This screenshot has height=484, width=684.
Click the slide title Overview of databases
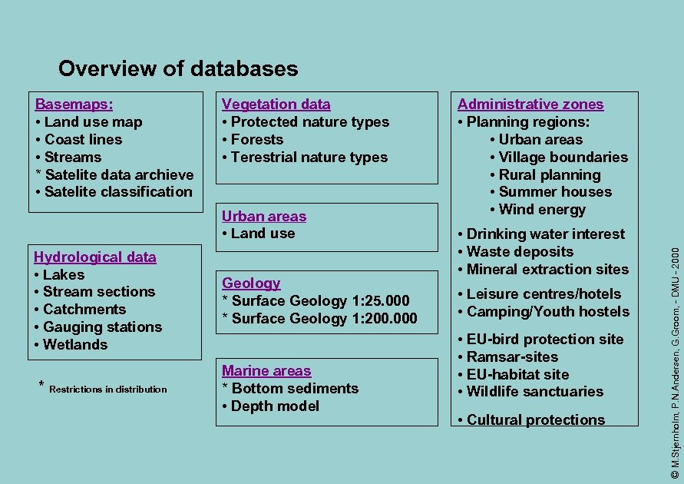(178, 69)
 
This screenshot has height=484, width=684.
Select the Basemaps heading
(74, 104)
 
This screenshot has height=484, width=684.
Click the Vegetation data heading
(276, 104)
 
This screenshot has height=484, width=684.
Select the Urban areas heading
(264, 217)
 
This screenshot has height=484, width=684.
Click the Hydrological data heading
(95, 257)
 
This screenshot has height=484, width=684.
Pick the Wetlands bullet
(75, 345)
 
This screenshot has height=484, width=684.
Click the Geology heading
(251, 283)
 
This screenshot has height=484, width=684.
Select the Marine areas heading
(266, 371)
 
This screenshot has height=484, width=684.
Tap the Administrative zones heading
(530, 104)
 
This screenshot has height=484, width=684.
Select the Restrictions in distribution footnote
(107, 390)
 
